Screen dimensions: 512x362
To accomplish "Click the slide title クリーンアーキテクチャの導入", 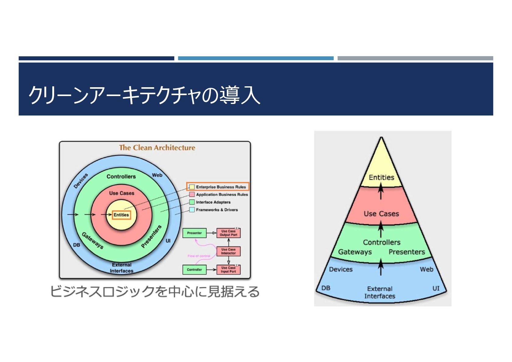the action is click(x=144, y=95).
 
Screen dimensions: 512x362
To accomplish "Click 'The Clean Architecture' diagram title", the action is click(x=157, y=148).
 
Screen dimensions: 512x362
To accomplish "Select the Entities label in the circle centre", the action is click(x=121, y=215).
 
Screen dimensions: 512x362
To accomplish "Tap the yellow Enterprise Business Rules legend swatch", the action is click(x=192, y=187).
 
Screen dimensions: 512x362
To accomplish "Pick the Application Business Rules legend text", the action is click(x=222, y=195).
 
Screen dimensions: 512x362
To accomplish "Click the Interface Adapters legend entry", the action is click(x=213, y=202).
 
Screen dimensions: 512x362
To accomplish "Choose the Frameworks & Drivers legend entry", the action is click(x=217, y=210).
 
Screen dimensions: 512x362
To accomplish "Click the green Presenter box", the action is click(x=195, y=233).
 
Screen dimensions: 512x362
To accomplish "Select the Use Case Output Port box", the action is click(x=228, y=233).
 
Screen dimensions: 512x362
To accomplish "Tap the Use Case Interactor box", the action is click(x=228, y=251).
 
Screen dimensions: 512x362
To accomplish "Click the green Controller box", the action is click(x=195, y=270).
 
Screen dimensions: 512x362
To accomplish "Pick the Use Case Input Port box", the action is click(x=228, y=270).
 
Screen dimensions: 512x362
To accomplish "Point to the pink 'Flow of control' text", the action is click(x=199, y=256).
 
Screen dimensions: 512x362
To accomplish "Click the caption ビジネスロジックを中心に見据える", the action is click(x=155, y=291).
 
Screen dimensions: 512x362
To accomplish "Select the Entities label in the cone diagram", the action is click(x=381, y=178).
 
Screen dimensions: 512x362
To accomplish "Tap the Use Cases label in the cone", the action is click(x=381, y=214).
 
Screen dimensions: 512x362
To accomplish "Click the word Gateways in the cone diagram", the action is click(x=355, y=252).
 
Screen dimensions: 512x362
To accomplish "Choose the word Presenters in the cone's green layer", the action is click(x=406, y=252).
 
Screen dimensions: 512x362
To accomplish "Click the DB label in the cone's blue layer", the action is click(x=326, y=288).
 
